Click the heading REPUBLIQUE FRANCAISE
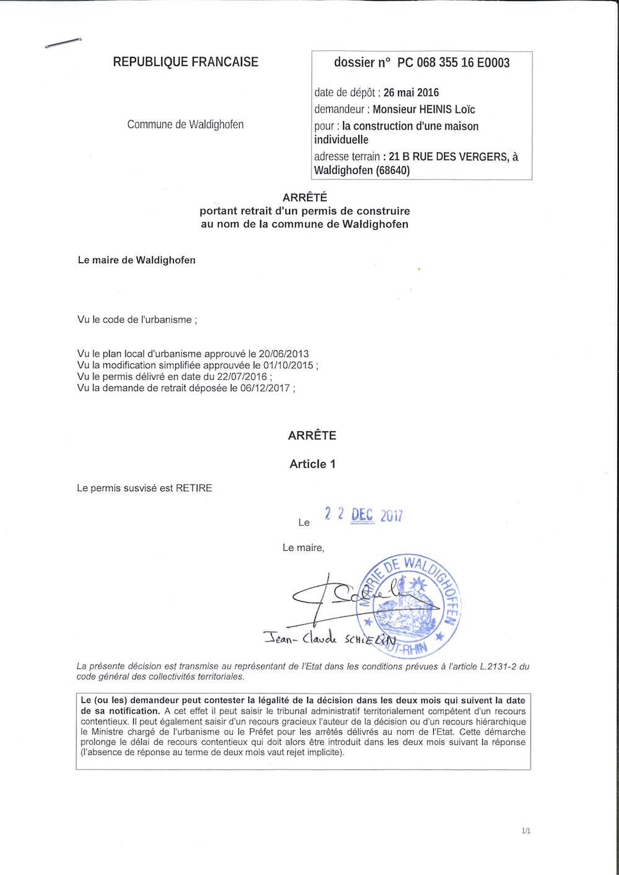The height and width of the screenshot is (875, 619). click(185, 62)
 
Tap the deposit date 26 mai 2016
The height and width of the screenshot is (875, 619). click(411, 93)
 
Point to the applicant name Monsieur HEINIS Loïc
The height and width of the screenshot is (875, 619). click(423, 110)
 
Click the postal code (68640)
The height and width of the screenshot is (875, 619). click(392, 170)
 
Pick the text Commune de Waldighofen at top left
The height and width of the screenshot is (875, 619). click(185, 124)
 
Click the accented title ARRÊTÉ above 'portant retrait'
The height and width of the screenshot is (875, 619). click(305, 198)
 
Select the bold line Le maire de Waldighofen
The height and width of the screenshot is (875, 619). click(136, 261)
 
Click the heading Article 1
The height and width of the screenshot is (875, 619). click(312, 464)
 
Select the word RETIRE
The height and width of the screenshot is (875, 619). click(194, 488)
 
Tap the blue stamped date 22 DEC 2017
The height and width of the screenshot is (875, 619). click(364, 514)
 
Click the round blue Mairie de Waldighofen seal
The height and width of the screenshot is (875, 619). click(409, 605)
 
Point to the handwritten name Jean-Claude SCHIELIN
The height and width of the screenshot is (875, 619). click(329, 639)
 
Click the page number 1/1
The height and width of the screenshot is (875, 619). click(526, 830)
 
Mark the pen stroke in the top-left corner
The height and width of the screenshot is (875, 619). click(64, 44)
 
